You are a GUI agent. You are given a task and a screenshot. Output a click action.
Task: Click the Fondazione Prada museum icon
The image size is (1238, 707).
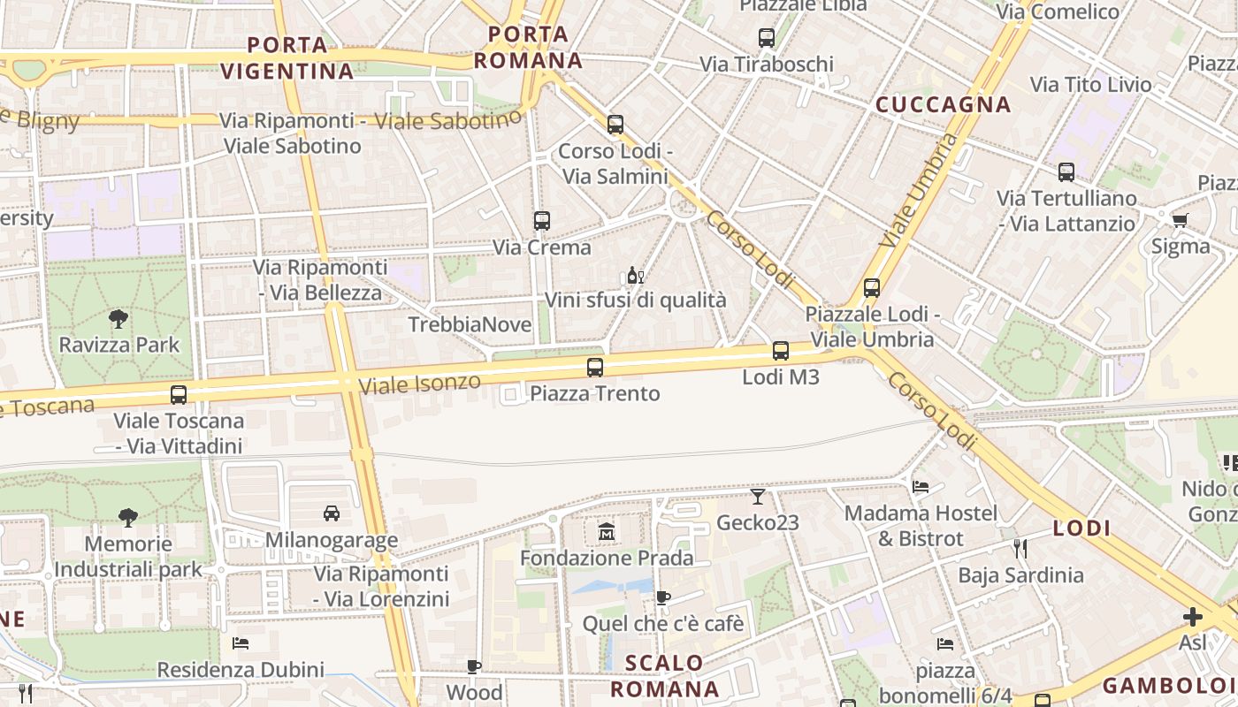(x=607, y=532)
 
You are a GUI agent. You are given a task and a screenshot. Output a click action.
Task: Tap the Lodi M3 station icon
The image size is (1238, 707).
(x=781, y=351)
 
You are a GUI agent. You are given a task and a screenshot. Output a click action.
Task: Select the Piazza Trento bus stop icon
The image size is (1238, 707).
(x=595, y=368)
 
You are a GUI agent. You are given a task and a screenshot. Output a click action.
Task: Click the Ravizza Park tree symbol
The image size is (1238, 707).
(x=118, y=319)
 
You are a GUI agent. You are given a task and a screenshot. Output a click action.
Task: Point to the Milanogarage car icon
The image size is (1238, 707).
(x=332, y=513)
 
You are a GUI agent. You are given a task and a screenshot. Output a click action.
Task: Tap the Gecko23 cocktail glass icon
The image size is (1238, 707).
(x=758, y=497)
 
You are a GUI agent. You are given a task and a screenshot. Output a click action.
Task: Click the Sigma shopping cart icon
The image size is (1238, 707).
(x=1180, y=221)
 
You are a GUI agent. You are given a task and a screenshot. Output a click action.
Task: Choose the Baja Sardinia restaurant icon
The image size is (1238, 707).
(x=1020, y=549)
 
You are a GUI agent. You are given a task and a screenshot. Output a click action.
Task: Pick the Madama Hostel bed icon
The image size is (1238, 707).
(x=921, y=487)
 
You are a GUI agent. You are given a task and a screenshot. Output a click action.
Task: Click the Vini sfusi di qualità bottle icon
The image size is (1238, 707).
(x=635, y=275)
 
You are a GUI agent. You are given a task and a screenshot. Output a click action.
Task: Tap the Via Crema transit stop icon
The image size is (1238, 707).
(x=542, y=221)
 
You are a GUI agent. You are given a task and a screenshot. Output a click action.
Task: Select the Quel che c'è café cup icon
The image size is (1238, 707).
(x=662, y=598)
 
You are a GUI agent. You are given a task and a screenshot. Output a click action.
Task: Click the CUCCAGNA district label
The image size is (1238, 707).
(x=943, y=105)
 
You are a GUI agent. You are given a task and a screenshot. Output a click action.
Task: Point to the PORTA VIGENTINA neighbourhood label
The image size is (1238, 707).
(x=287, y=57)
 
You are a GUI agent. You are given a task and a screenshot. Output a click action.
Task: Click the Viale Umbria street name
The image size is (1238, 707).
(x=920, y=190)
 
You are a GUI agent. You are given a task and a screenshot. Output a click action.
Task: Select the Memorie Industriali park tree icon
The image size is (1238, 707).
(x=128, y=517)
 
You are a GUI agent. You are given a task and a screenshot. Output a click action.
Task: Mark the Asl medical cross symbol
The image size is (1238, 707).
(x=1193, y=617)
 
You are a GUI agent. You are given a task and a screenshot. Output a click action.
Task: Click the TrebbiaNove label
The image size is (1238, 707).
(x=470, y=325)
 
